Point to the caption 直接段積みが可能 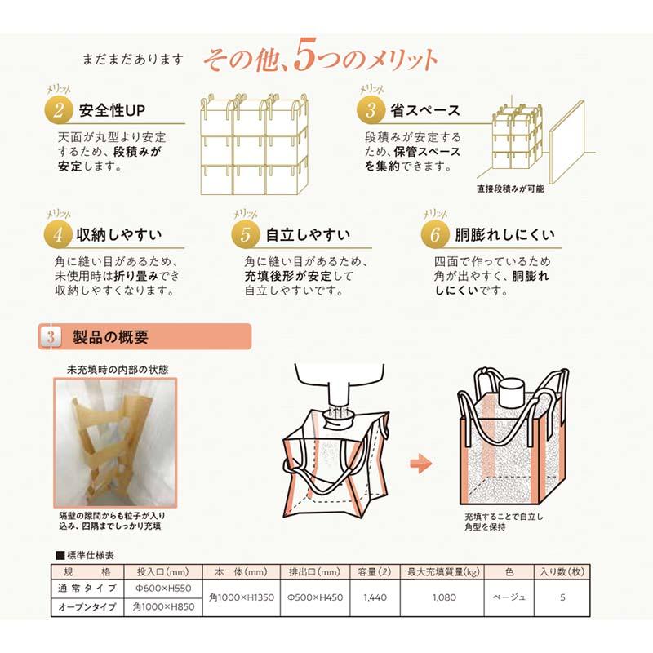pos(509,189)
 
